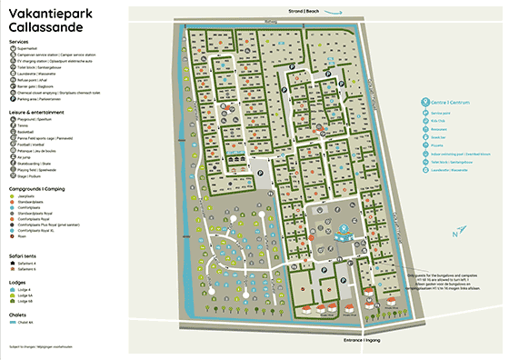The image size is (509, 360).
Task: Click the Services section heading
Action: pos(18,42)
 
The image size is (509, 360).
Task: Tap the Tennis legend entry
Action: pos(25,125)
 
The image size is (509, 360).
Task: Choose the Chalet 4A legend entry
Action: pos(28,322)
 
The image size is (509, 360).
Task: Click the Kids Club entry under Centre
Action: pos(441,119)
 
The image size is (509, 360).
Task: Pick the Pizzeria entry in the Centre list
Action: pos(440,144)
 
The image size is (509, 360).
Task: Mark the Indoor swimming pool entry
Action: pos(455,152)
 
